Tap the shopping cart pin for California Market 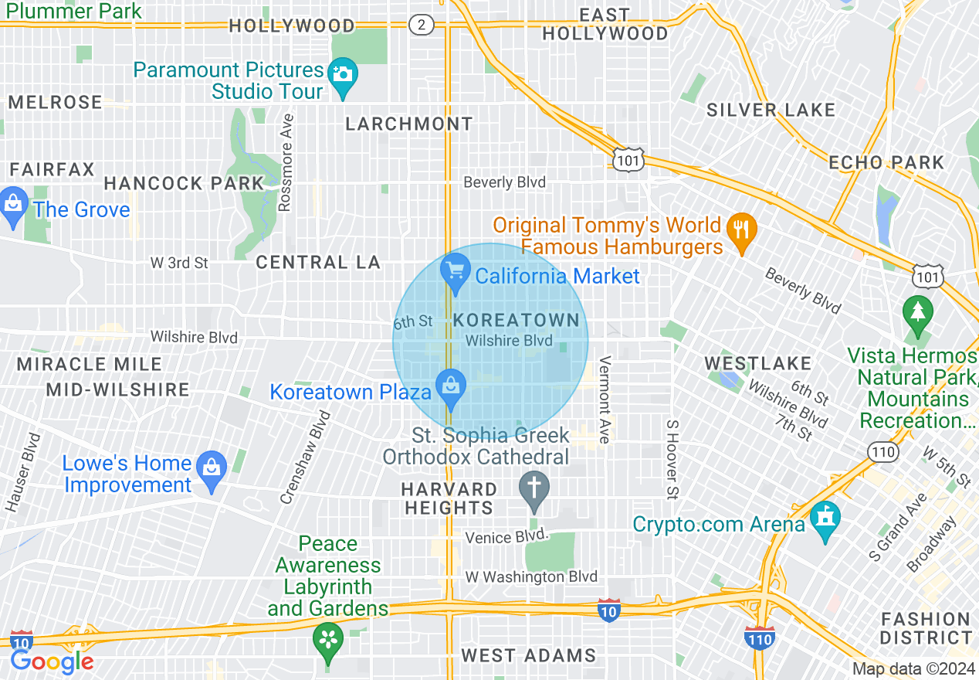[456, 271]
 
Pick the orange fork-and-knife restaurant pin [741, 229]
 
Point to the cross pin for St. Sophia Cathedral [534, 489]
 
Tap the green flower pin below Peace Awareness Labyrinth [328, 639]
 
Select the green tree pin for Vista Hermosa [917, 312]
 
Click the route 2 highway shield [420, 25]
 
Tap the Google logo [52, 661]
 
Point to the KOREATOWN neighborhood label [517, 320]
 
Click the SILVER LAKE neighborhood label [771, 110]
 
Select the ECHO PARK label [886, 162]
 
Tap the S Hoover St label [672, 459]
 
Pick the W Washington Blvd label [531, 576]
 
